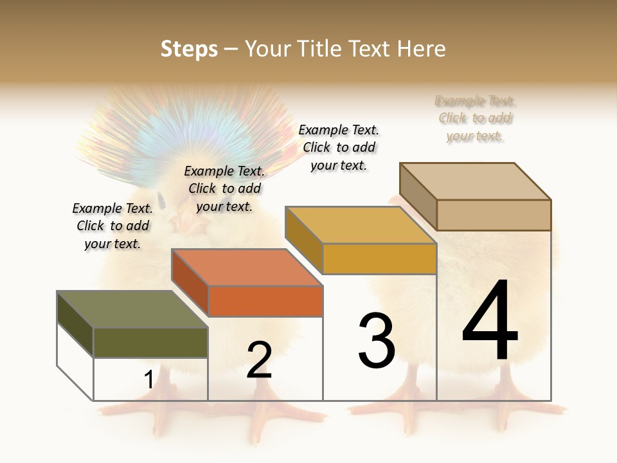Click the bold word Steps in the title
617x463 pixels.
[x=189, y=49]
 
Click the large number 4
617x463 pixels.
[x=490, y=322]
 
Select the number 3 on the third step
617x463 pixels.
[x=377, y=341]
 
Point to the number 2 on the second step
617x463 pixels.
[x=259, y=360]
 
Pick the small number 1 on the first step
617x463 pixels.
[x=148, y=380]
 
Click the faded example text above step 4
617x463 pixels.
[x=475, y=118]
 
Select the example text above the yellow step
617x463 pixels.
[x=339, y=147]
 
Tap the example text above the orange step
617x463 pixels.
[x=224, y=188]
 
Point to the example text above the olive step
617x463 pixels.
[x=112, y=226]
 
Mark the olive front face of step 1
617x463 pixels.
[x=151, y=342]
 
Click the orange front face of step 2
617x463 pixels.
[x=265, y=301]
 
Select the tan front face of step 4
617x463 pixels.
[x=494, y=215]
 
